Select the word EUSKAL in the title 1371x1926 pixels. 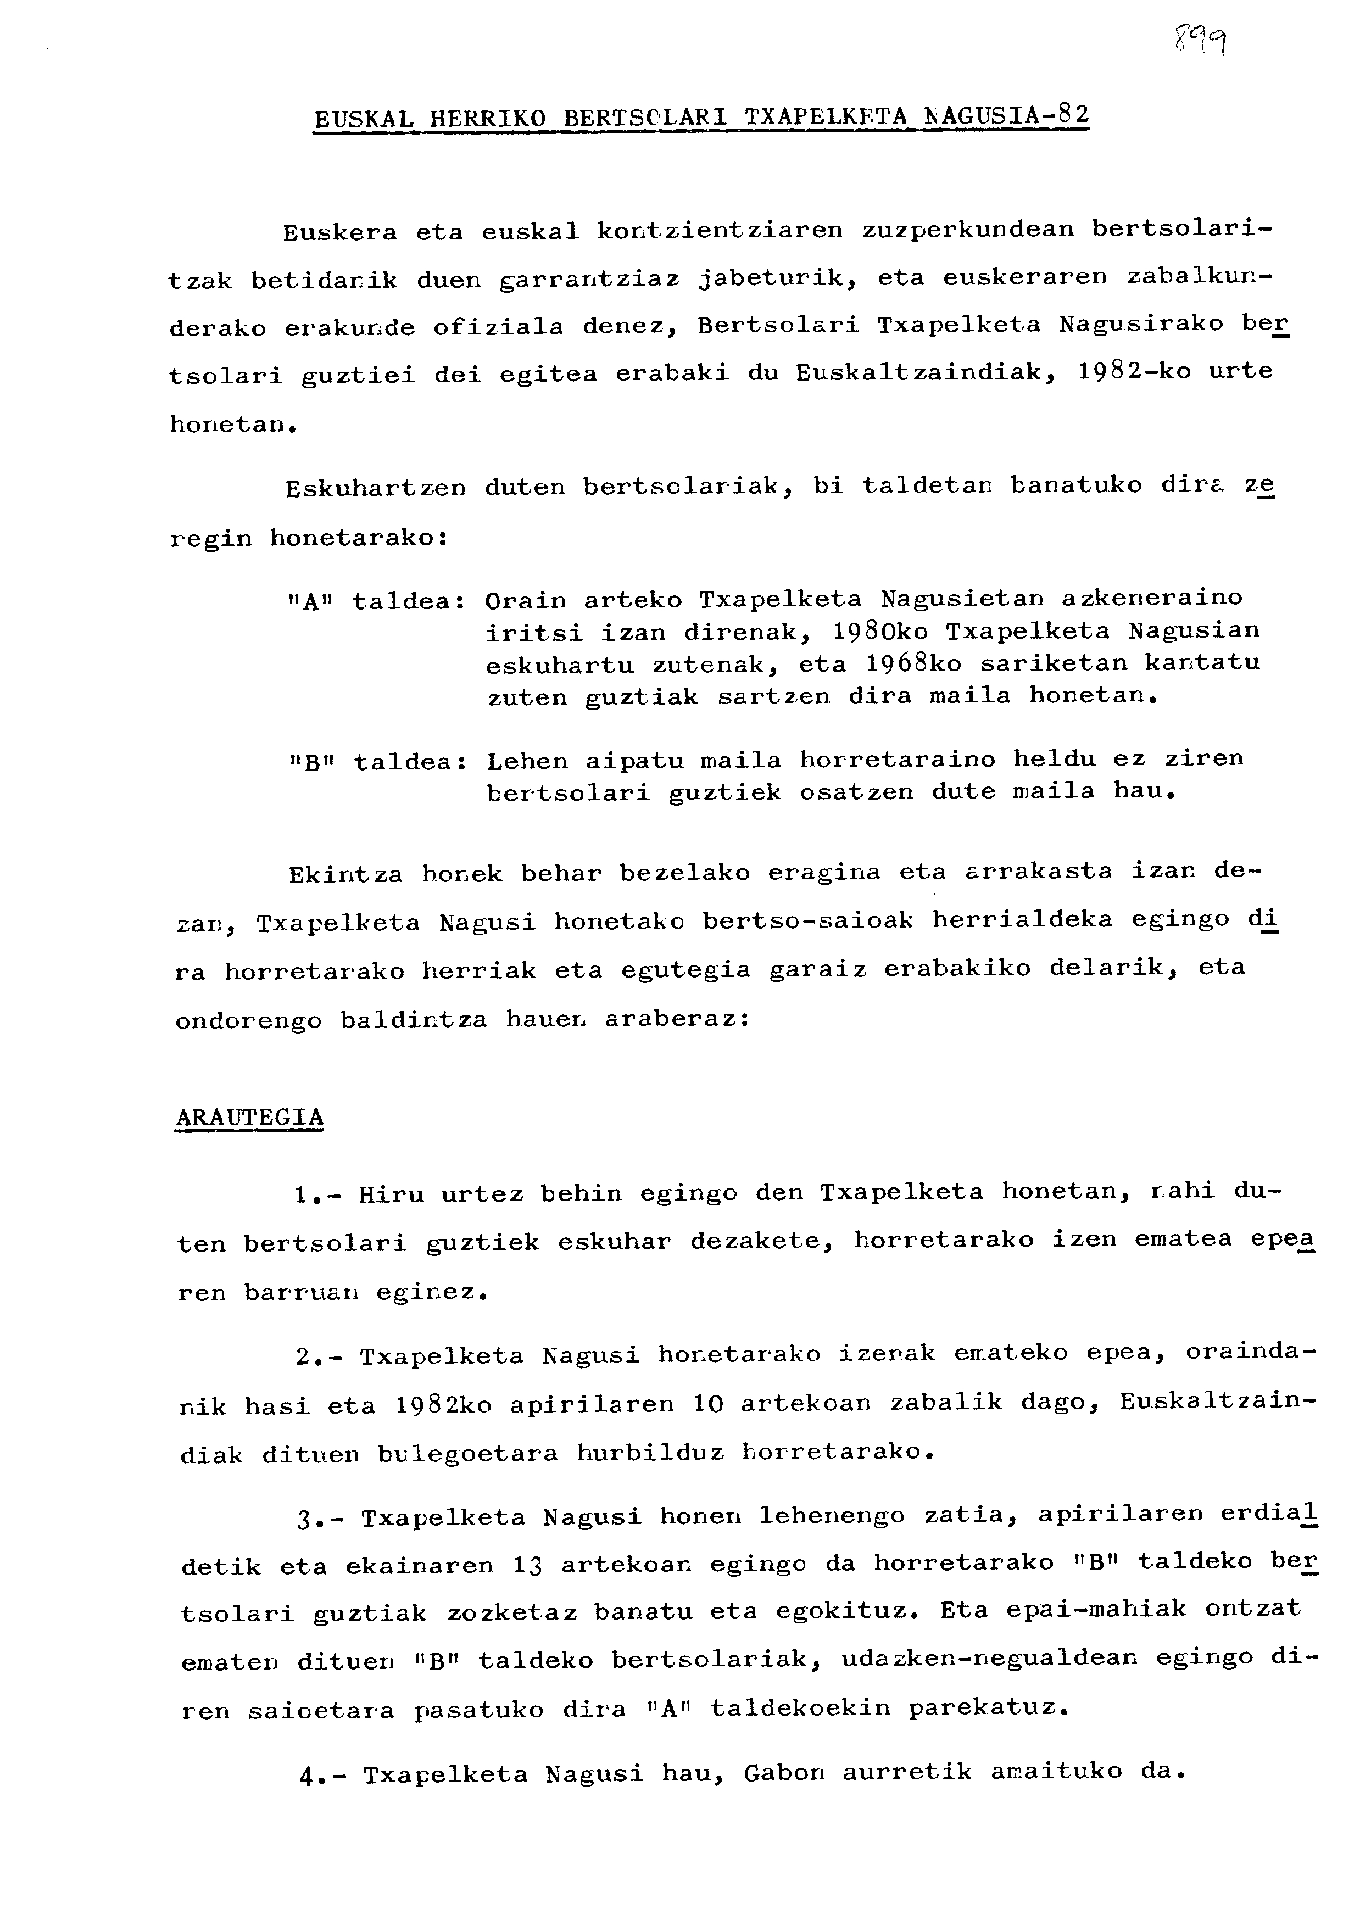[363, 119]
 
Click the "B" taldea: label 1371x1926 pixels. [376, 762]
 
